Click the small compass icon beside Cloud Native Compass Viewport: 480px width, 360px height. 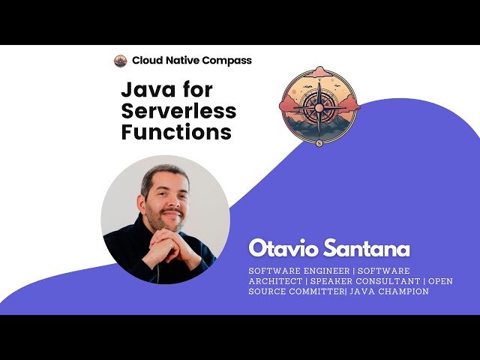click(x=120, y=61)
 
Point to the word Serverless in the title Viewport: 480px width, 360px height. click(x=178, y=112)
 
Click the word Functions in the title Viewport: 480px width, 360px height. click(x=175, y=133)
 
